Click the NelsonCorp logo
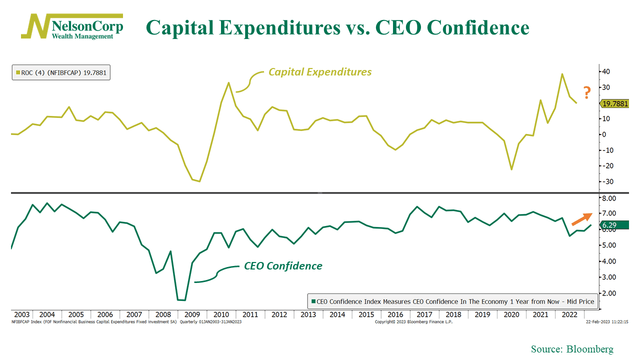72,26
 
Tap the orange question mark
587,91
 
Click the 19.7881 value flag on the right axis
614,104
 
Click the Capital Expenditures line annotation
320,72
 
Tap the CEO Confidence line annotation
283,266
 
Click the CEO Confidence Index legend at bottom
452,301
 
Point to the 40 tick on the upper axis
605,71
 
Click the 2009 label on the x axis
192,314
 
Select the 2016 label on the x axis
395,314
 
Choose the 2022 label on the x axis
570,314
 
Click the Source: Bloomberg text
572,349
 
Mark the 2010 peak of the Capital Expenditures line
228,83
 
